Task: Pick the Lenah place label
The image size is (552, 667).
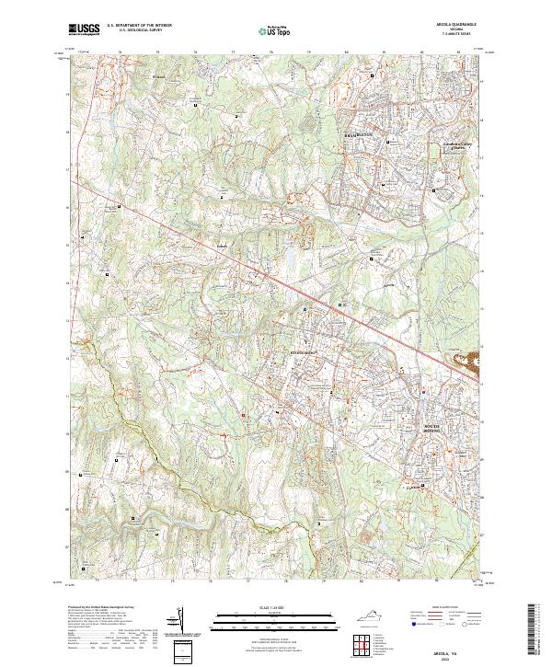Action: click(221, 246)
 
